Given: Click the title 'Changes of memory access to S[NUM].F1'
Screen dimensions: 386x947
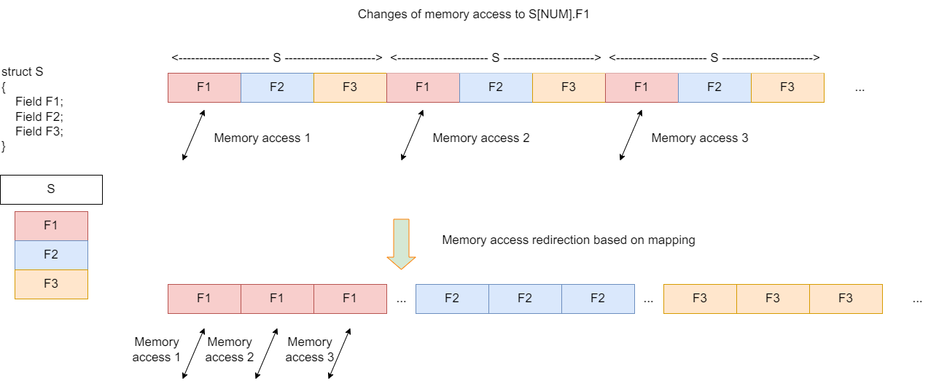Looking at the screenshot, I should click(x=474, y=15).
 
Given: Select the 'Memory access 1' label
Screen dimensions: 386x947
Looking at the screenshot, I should click(x=262, y=138).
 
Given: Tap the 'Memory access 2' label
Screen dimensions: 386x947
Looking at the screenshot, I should click(x=481, y=138).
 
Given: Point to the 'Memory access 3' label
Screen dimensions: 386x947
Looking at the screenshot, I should click(x=700, y=138).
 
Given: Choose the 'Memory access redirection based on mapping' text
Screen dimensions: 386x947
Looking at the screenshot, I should click(x=569, y=240).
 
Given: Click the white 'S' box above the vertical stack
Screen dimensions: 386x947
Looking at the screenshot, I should click(x=51, y=189).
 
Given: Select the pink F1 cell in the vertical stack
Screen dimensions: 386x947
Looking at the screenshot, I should click(x=51, y=226).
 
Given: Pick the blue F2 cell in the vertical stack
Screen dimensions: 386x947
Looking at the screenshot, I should click(x=51, y=255).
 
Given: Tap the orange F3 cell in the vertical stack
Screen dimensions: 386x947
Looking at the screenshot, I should click(x=51, y=284).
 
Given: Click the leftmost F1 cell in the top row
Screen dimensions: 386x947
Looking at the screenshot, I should click(x=204, y=87).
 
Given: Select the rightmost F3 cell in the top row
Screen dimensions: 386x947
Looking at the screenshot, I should click(x=787, y=87).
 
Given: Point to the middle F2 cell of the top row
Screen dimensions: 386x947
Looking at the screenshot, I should click(x=496, y=87).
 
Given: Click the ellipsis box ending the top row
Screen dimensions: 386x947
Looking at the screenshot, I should click(x=860, y=87).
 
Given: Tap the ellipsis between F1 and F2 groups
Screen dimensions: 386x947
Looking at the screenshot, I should click(x=401, y=299).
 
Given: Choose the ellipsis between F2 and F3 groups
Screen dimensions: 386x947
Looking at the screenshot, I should click(x=649, y=299).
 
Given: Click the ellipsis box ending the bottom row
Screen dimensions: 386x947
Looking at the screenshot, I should click(x=917, y=299).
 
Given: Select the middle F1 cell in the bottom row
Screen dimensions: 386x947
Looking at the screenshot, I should click(x=277, y=299).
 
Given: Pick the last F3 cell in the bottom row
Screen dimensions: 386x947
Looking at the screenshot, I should click(x=846, y=299).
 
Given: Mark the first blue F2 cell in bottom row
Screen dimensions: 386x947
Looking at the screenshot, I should click(x=452, y=299).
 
